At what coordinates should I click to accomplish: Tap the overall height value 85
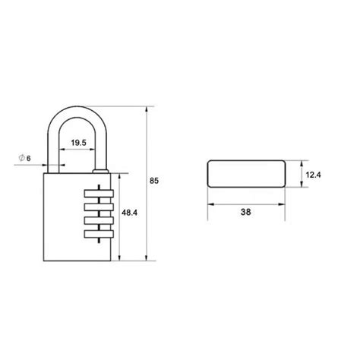click(155, 181)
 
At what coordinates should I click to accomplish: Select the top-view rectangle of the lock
click(245, 175)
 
